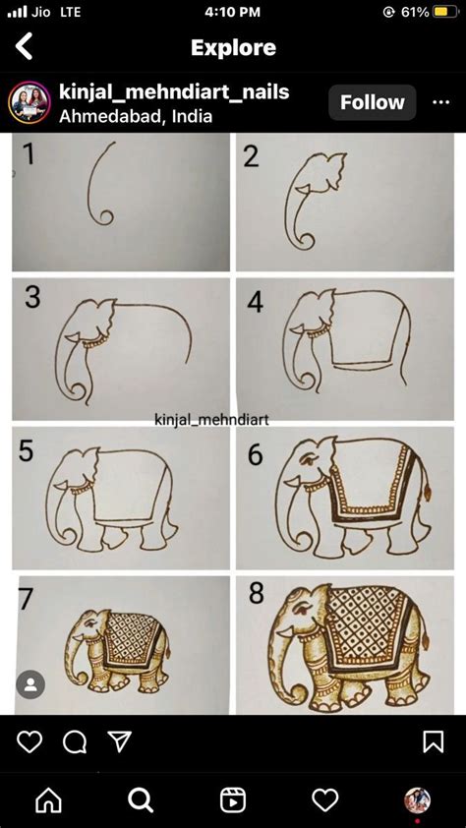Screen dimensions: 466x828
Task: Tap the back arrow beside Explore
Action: click(x=24, y=46)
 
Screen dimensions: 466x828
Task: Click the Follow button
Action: click(x=372, y=102)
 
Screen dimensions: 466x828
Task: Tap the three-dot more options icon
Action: click(x=440, y=102)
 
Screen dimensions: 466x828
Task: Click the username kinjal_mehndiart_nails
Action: click(x=174, y=91)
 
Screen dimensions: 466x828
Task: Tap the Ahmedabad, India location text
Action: click(x=136, y=116)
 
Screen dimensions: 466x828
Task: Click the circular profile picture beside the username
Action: click(x=29, y=102)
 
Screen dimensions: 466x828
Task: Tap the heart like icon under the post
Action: click(x=29, y=741)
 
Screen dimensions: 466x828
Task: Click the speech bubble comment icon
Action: click(x=75, y=741)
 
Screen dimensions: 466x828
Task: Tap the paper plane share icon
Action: click(x=120, y=741)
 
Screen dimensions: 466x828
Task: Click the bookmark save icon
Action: click(x=434, y=741)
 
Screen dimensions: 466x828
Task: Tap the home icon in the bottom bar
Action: click(x=48, y=800)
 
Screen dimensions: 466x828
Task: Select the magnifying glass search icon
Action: click(x=141, y=800)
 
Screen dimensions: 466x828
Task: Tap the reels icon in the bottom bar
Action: click(x=233, y=800)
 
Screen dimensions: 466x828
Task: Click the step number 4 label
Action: click(x=256, y=302)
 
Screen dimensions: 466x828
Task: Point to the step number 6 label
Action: click(x=256, y=453)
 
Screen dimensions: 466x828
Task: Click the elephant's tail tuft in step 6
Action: click(x=426, y=493)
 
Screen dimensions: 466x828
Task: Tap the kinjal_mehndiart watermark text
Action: click(x=211, y=420)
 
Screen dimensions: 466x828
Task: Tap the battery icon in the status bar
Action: click(x=445, y=12)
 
